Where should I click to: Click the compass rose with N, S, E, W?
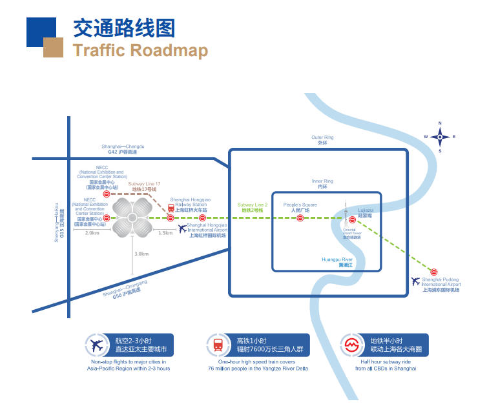pos(440,137)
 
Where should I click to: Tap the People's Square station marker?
pos(300,219)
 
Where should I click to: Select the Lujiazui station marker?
pos(353,219)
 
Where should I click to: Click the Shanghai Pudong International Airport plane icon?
pos(415,281)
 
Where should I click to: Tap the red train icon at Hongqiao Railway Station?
pos(171,209)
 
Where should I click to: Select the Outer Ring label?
pos(322,140)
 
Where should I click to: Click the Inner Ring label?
pos(322,183)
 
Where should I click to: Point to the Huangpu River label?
pos(337,262)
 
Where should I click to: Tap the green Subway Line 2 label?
pos(252,207)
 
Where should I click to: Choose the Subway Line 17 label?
pos(144,187)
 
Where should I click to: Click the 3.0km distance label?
pos(141,254)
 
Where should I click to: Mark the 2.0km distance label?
pos(92,233)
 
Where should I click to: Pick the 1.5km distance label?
pos(165,233)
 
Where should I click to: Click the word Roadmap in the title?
pos(163,50)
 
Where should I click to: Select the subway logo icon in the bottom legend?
pos(353,345)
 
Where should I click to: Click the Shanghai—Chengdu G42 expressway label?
pos(123,149)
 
